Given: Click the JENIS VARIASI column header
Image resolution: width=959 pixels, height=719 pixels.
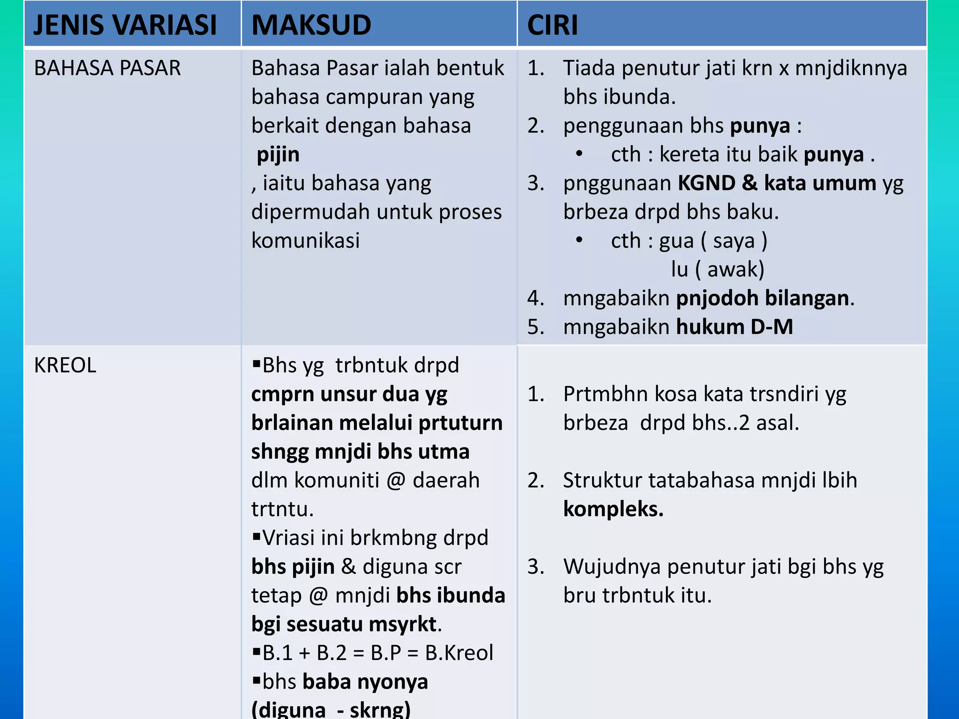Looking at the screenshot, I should pos(125,25).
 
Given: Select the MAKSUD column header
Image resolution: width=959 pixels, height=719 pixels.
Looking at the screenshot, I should pos(311,25).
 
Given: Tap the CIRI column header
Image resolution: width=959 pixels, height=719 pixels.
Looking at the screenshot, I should pos(553,25).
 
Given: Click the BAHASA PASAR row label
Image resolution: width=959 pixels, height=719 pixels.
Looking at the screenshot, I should pos(107,68).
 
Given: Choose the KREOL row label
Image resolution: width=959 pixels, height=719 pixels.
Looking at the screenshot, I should pos(65,366).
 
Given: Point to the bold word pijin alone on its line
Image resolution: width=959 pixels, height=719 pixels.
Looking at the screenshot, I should pos(278,155).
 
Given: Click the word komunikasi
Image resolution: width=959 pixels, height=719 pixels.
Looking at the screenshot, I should pos(305,241).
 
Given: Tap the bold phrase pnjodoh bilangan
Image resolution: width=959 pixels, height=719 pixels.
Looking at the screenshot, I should pos(762,298).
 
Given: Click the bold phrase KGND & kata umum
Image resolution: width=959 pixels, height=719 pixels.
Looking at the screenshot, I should pos(776,183).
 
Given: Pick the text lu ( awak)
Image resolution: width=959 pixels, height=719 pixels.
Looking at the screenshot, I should pos(717,270).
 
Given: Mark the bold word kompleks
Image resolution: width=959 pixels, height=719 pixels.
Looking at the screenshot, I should pos(613,509).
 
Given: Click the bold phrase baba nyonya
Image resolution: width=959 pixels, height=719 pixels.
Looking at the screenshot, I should pos(365,682).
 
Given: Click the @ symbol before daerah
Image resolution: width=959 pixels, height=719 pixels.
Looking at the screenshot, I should pos(396,481).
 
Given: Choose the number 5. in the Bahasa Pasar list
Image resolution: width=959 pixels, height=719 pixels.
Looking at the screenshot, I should pos(536,327).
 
